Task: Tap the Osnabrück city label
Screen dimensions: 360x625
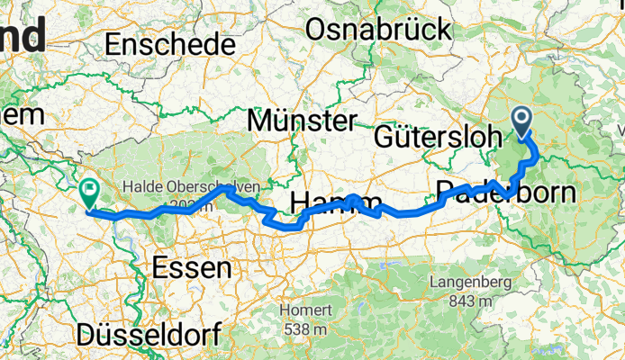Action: click(378, 30)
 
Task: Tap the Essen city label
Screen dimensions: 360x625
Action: click(191, 266)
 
